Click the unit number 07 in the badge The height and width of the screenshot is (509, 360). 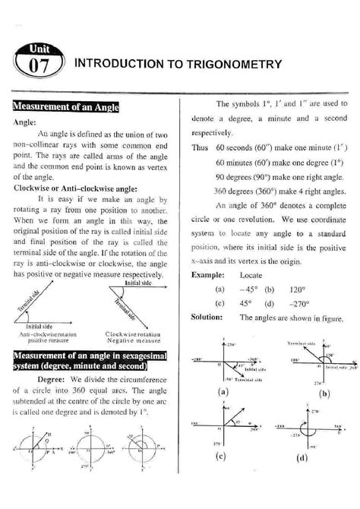coord(37,67)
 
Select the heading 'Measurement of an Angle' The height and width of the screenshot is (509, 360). coord(62,105)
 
